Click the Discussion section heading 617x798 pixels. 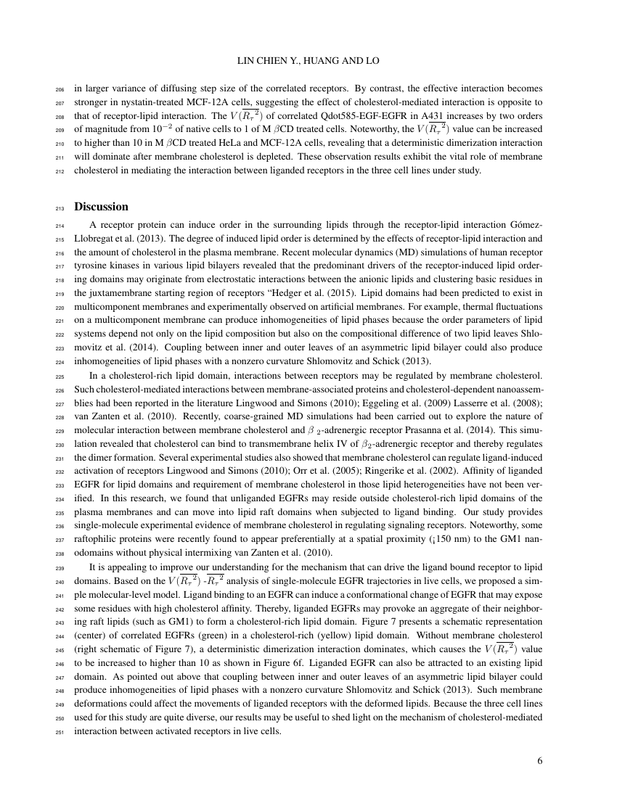pyautogui.click(x=101, y=207)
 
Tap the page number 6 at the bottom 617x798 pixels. pyautogui.click(x=540, y=761)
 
